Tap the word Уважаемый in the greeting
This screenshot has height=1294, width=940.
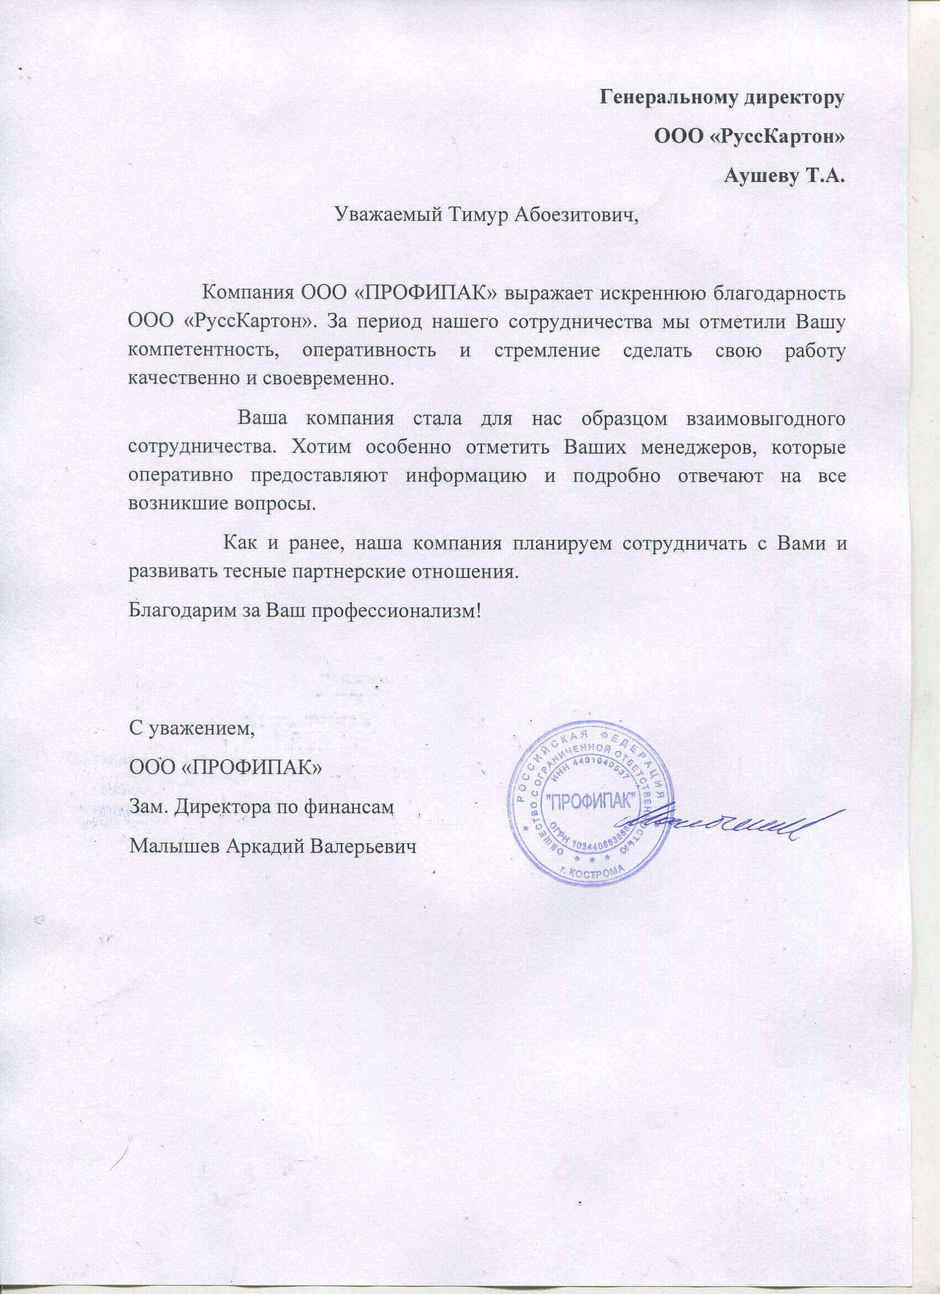[x=383, y=215]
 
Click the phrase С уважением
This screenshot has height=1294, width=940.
[x=191, y=730]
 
